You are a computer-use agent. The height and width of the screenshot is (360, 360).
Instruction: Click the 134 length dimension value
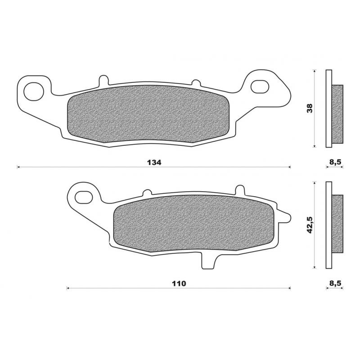153,162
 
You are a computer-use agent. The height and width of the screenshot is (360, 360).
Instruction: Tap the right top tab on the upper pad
196,83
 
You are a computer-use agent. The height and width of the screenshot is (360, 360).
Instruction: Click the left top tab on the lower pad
147,193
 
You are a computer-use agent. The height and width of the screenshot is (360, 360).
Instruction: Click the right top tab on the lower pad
241,189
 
